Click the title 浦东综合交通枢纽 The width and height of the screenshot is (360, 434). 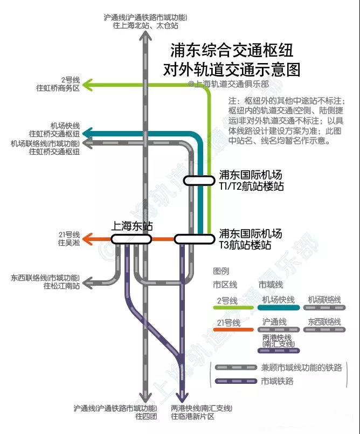coord(232,51)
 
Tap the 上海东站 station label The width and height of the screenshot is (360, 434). coord(131,226)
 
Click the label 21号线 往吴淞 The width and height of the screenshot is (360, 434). coord(68,239)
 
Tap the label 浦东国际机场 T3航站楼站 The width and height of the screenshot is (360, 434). coord(250,239)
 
